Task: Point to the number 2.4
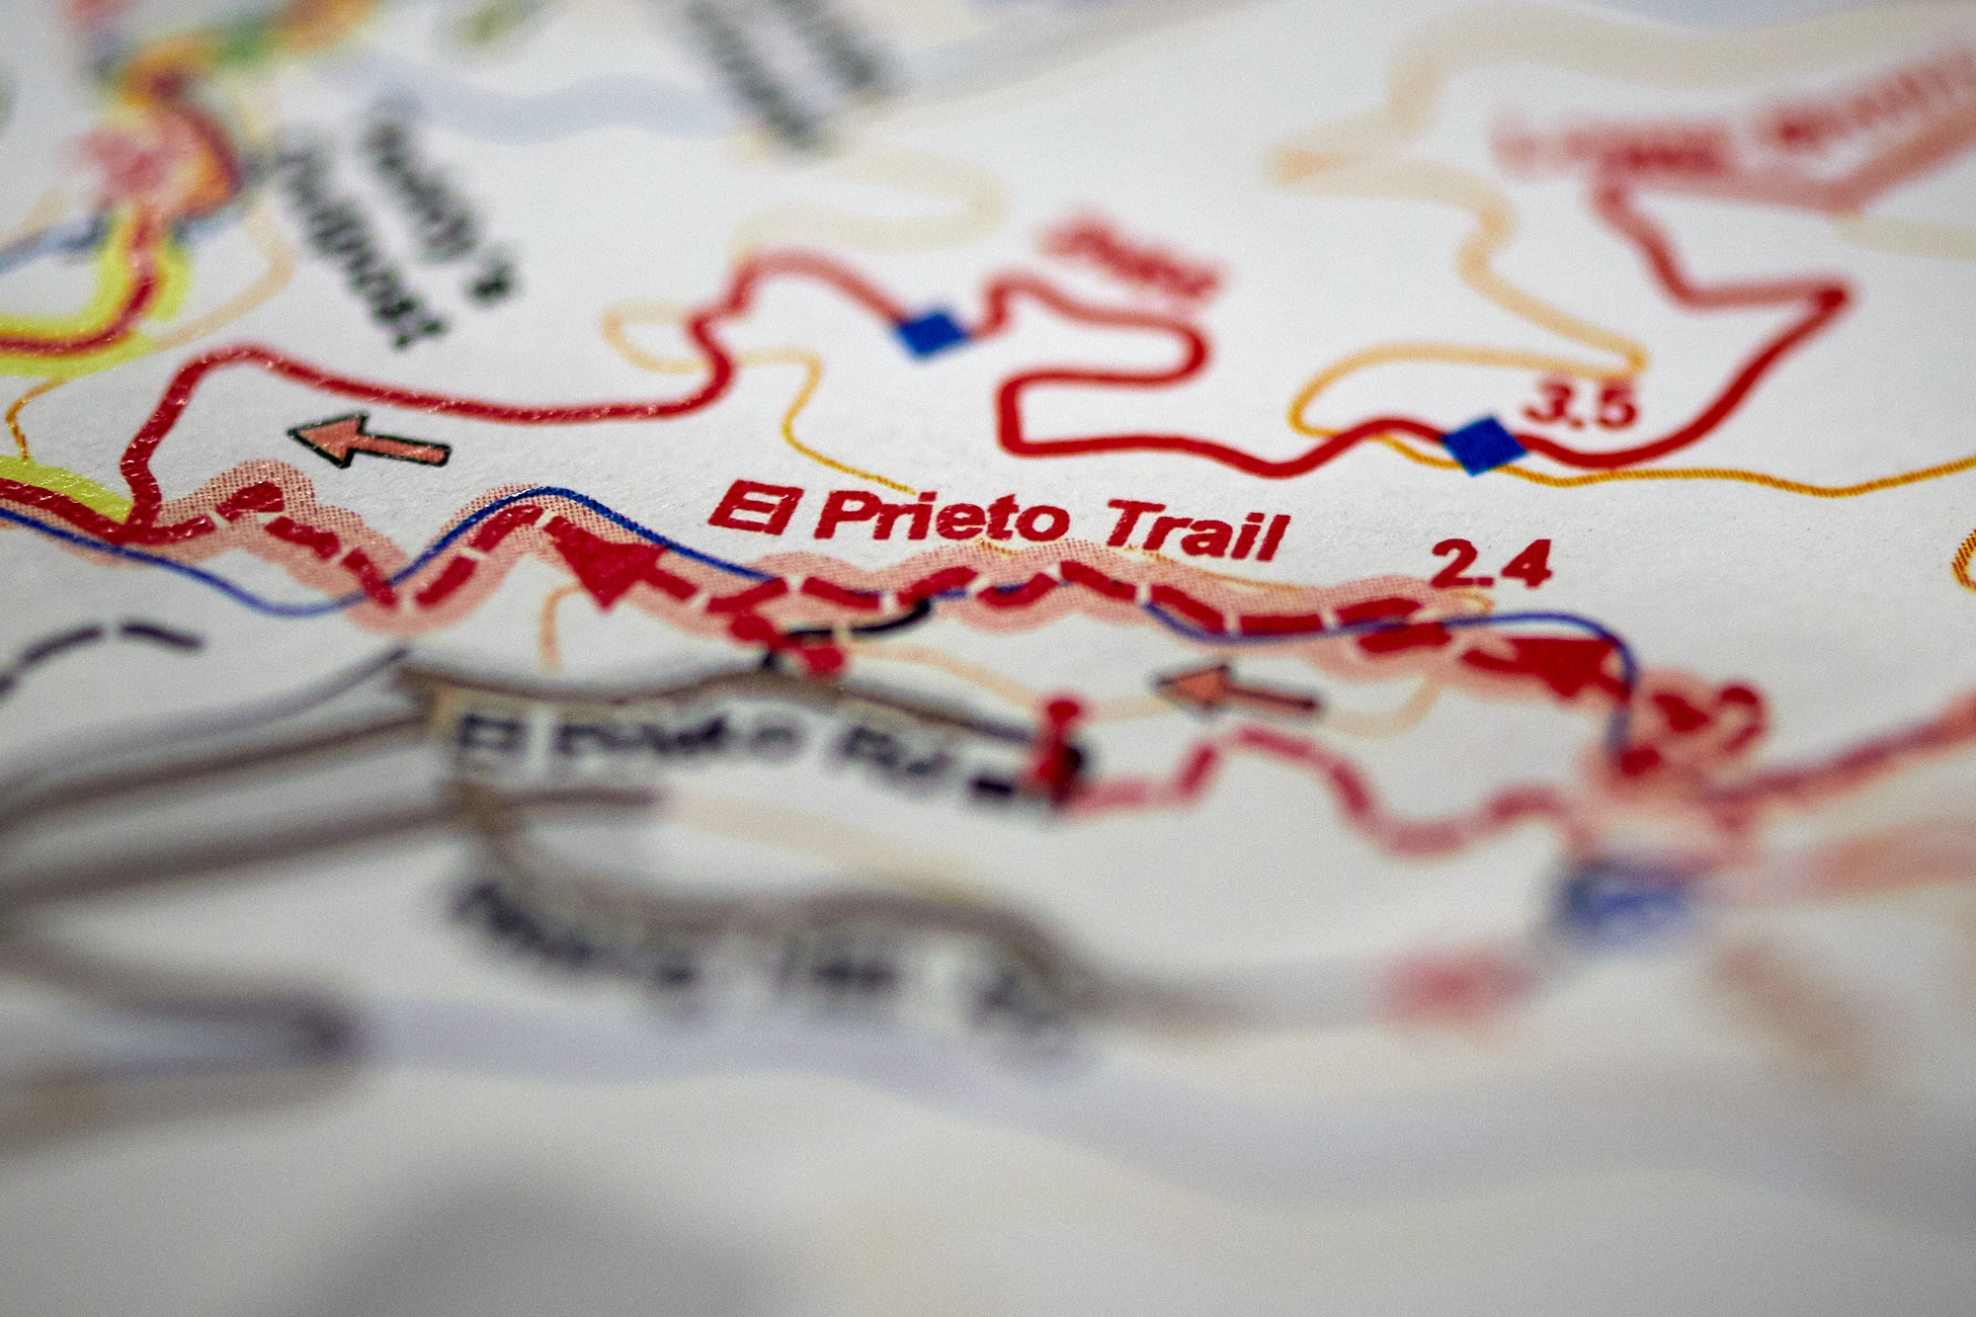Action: tap(1490, 564)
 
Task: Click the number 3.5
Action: tap(1580, 405)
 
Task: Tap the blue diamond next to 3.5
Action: tap(1482, 445)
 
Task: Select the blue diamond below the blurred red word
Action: tap(932, 332)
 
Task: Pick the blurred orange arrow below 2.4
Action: tap(1235, 689)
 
